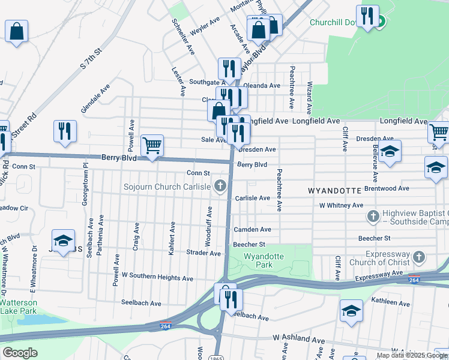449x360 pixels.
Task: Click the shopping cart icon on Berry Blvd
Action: click(x=152, y=145)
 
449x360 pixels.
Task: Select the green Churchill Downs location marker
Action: click(x=380, y=23)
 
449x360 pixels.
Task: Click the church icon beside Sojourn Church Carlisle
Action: click(x=220, y=187)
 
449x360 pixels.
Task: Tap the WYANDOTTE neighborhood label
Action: click(x=334, y=190)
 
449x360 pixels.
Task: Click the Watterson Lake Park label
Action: click(x=18, y=307)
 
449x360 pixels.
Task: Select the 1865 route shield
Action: click(x=216, y=358)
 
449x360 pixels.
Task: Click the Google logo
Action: click(x=20, y=352)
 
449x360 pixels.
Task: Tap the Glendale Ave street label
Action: click(x=96, y=98)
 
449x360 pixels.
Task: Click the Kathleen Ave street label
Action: click(x=390, y=303)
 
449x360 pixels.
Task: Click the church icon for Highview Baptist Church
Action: click(x=373, y=215)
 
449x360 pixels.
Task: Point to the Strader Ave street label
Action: click(x=203, y=253)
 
